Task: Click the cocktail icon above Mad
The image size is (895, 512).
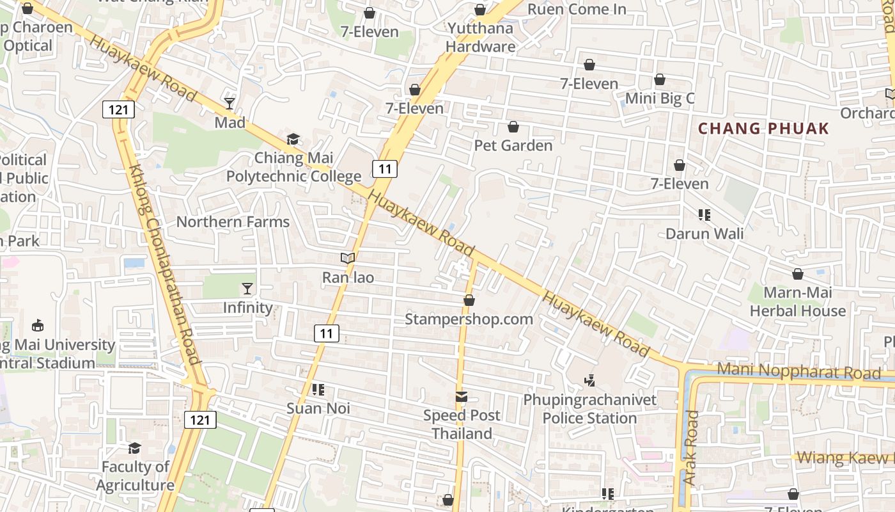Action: pos(230,103)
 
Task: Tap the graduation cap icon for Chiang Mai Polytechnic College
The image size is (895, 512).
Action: pos(293,139)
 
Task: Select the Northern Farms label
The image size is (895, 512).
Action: pos(233,222)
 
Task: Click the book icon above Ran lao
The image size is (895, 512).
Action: pos(348,259)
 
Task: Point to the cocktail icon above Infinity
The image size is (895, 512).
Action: pos(247,289)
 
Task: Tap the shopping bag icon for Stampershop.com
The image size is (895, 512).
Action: pos(469,300)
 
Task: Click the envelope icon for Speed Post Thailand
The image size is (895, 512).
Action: pos(462,397)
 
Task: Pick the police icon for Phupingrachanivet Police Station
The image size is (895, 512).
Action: pos(589,381)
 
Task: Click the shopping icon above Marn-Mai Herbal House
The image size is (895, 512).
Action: pos(798,275)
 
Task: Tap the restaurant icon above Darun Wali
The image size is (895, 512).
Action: pos(704,215)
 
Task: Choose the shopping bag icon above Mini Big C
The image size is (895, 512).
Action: pos(660,80)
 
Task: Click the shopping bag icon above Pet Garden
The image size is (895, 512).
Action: pos(513,127)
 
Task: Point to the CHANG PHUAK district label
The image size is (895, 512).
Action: pos(763,129)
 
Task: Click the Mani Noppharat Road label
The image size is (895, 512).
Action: pos(798,372)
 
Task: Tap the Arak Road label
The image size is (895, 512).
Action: pos(690,447)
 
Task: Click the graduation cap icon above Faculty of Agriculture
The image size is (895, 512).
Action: pos(134,448)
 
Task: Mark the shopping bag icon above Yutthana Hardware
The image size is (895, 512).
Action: pos(480,10)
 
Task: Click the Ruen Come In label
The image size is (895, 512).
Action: pos(576,9)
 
